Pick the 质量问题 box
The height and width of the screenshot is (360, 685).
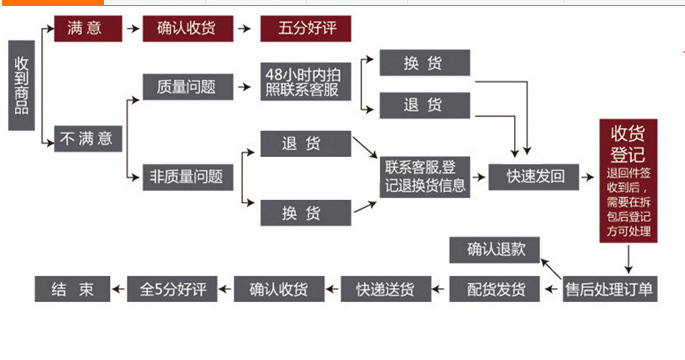click(187, 87)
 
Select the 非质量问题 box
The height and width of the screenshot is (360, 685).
click(187, 177)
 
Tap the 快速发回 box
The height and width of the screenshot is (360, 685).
click(536, 177)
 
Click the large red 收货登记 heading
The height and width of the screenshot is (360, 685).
click(627, 146)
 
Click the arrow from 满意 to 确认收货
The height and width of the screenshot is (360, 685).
click(133, 29)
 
